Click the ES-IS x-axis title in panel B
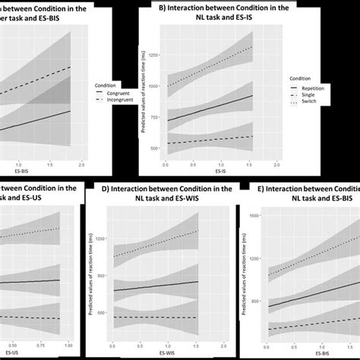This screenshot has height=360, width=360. [218, 172]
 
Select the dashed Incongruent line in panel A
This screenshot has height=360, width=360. [46, 83]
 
